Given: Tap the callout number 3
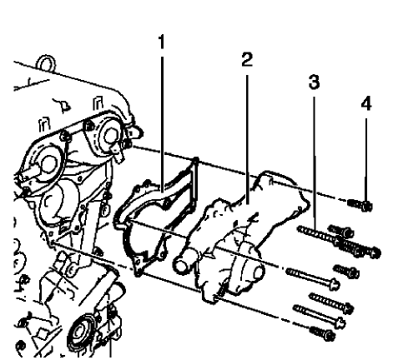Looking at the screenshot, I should pyautogui.click(x=314, y=84).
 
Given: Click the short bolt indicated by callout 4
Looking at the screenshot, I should pyautogui.click(x=360, y=202).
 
